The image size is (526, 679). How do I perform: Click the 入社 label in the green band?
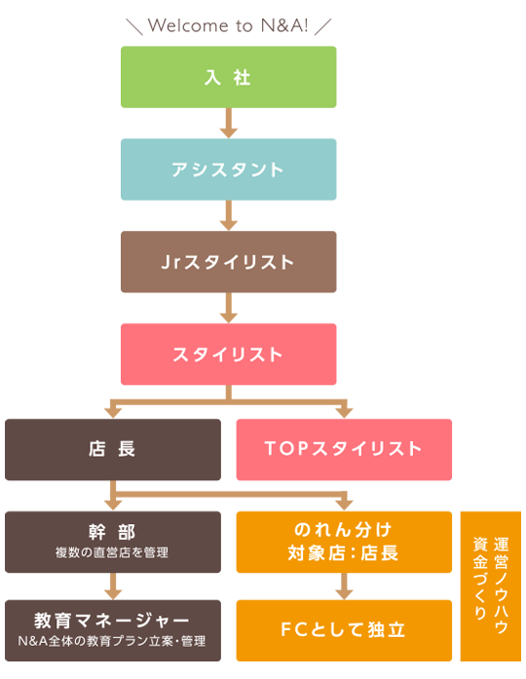click(228, 78)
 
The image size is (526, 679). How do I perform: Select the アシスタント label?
click(228, 170)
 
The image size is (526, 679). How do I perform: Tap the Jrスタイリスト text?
click(228, 262)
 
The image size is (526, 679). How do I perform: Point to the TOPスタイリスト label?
click(343, 449)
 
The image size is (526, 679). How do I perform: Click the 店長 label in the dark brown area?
click(112, 449)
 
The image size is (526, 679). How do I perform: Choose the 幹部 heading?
click(112, 532)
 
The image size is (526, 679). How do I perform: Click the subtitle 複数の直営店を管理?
click(112, 552)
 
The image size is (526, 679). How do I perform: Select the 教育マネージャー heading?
click(112, 621)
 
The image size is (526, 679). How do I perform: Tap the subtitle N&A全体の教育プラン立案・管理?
click(112, 641)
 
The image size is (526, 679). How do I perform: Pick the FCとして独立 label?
click(343, 628)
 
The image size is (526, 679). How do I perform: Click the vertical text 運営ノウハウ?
click(501, 585)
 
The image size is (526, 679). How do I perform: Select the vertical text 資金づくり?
click(479, 578)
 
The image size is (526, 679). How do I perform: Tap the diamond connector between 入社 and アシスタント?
click(228, 124)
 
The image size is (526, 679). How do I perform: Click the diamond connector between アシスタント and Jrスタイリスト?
click(228, 215)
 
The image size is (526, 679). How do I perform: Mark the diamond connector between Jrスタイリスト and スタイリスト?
click(228, 308)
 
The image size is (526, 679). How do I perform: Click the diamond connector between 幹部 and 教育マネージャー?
click(112, 586)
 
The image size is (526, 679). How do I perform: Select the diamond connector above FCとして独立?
click(343, 587)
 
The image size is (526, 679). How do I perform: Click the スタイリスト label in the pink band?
click(228, 355)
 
